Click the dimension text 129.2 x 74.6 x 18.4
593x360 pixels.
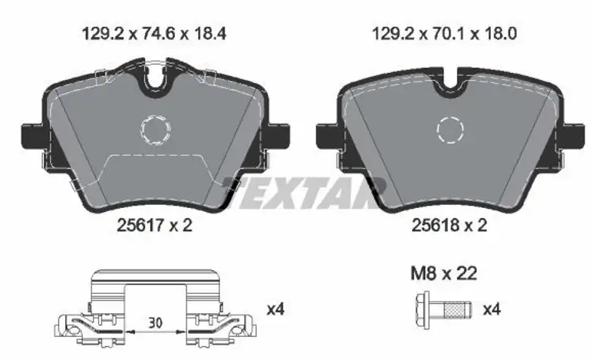(x=154, y=34)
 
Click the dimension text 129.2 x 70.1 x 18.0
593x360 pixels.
(x=444, y=34)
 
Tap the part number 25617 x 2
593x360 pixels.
(x=155, y=226)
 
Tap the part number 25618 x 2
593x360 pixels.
(x=449, y=226)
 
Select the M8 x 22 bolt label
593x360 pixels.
(x=443, y=273)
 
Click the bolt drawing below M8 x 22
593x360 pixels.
(x=443, y=309)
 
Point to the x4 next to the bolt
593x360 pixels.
(x=492, y=309)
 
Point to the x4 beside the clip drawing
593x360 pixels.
(x=275, y=309)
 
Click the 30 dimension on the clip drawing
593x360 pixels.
(x=155, y=323)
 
